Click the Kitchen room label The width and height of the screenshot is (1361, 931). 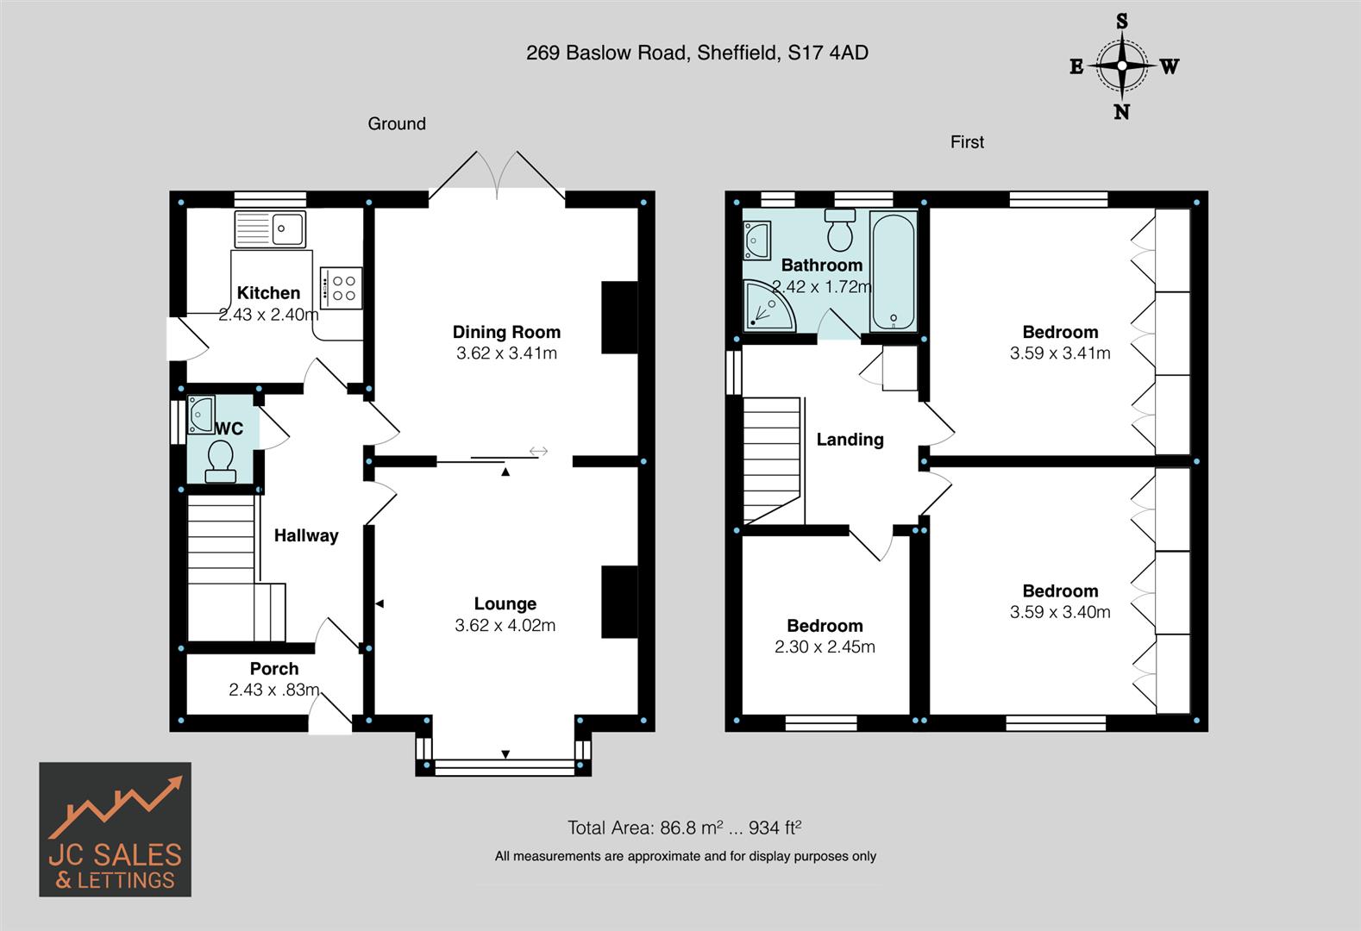click(x=268, y=293)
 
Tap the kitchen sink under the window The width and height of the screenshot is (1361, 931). click(x=269, y=229)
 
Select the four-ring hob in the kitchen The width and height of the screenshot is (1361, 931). click(x=342, y=288)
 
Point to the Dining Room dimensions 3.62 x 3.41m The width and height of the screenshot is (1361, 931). click(x=506, y=353)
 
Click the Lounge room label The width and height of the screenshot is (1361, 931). click(x=505, y=603)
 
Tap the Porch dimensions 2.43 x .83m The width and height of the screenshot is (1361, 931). click(x=274, y=690)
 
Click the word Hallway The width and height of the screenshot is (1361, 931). click(x=306, y=535)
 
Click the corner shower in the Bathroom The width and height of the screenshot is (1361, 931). click(x=767, y=307)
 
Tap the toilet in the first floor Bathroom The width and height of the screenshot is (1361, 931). click(x=839, y=229)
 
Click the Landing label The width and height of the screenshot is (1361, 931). click(x=850, y=440)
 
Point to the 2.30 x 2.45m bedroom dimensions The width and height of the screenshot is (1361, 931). click(x=825, y=647)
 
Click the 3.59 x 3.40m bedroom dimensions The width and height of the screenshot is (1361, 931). click(x=1060, y=612)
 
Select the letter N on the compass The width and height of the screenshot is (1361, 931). click(x=1121, y=112)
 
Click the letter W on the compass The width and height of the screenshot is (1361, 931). click(x=1169, y=66)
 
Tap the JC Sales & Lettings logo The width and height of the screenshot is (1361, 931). click(x=115, y=829)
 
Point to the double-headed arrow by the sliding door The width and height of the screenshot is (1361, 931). click(x=538, y=451)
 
